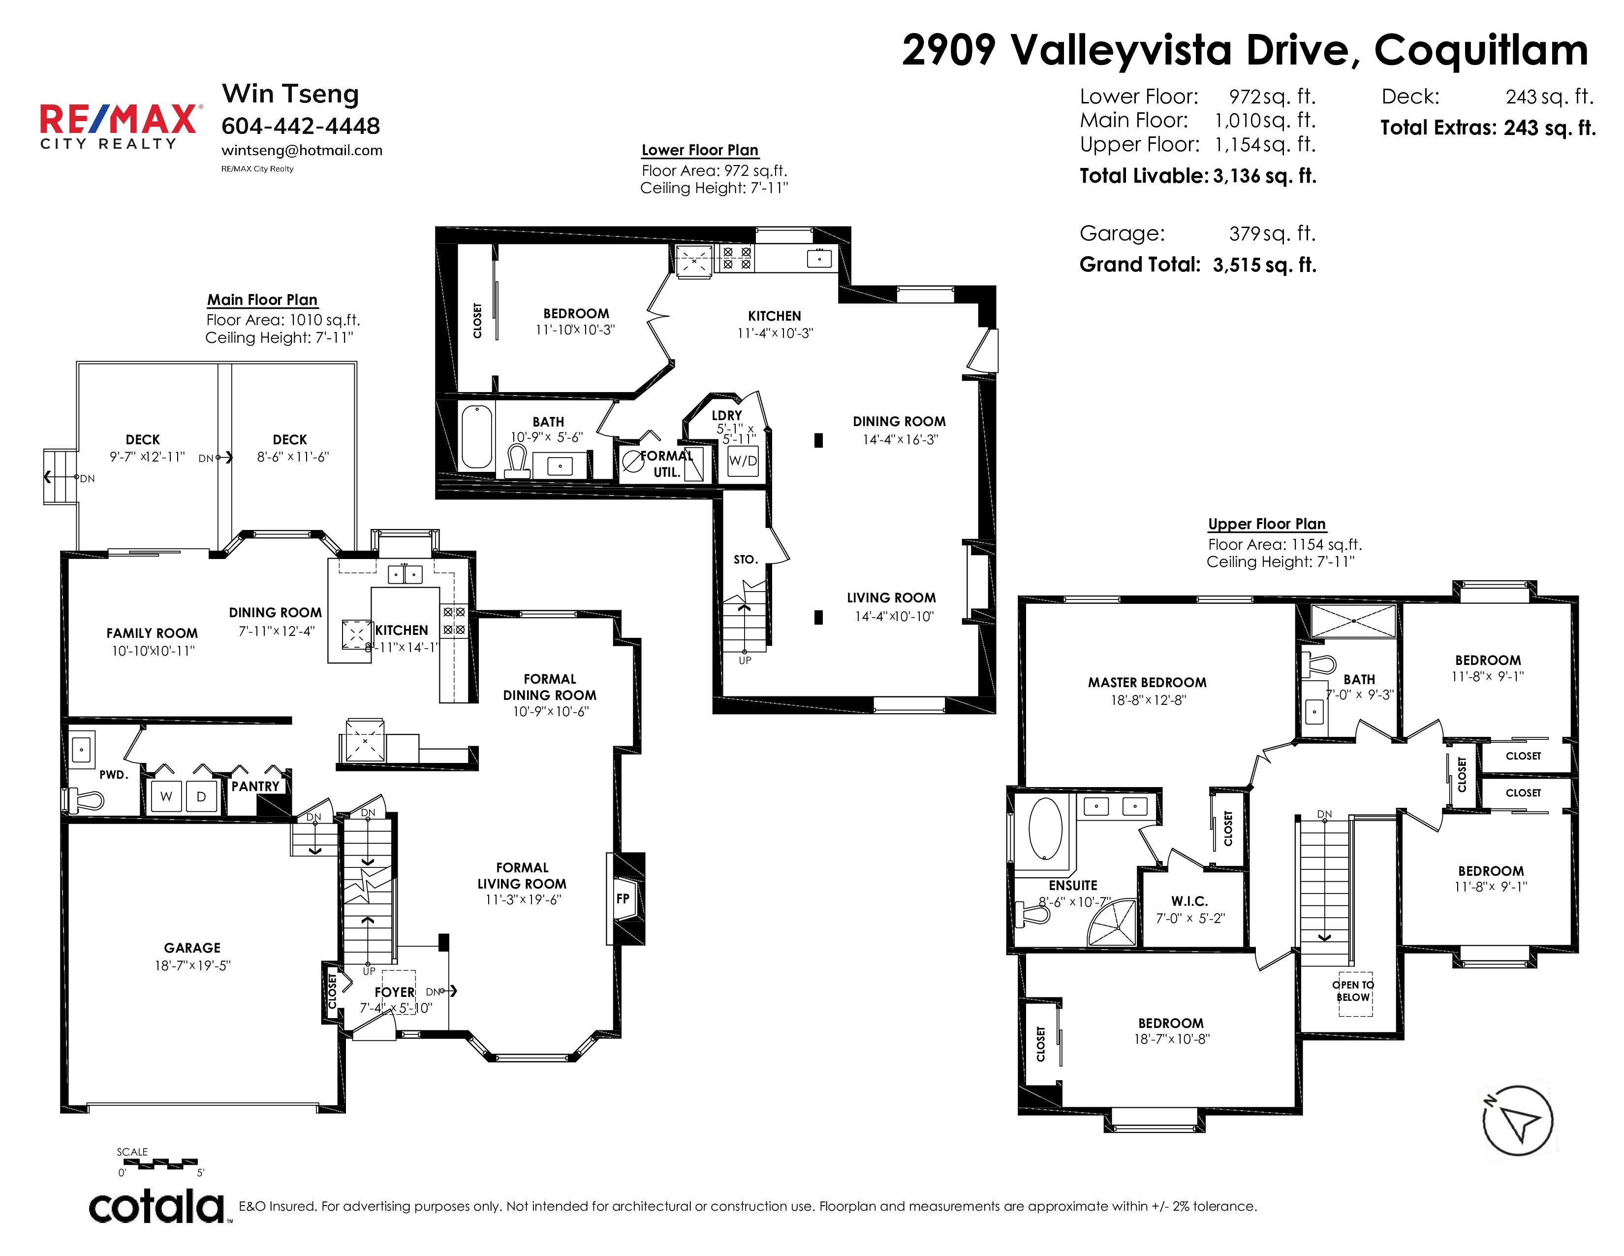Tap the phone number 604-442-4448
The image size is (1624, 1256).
pyautogui.click(x=300, y=126)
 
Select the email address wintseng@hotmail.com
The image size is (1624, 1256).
pyautogui.click(x=302, y=150)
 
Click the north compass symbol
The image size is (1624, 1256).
pyautogui.click(x=1517, y=1121)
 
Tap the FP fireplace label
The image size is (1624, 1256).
pyautogui.click(x=623, y=898)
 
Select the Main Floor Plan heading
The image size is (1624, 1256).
pyautogui.click(x=262, y=300)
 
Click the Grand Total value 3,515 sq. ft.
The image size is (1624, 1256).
pyautogui.click(x=1264, y=265)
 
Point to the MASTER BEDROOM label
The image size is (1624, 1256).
pyautogui.click(x=1147, y=682)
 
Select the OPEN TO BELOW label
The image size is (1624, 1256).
pyautogui.click(x=1353, y=991)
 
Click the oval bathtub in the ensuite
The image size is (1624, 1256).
pyautogui.click(x=1045, y=829)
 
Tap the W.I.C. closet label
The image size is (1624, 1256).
pyautogui.click(x=1190, y=901)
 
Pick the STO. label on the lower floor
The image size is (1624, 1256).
pyautogui.click(x=745, y=560)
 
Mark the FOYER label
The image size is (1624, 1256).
pyautogui.click(x=394, y=992)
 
